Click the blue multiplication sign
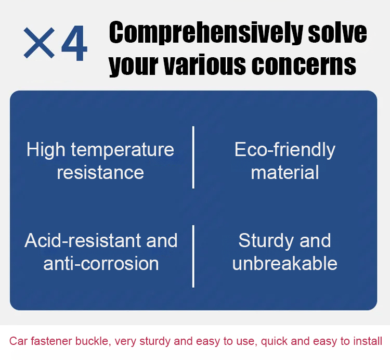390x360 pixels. [39, 43]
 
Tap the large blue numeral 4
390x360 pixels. [74, 43]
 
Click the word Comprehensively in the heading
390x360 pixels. [206, 33]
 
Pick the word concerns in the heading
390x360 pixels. [304, 65]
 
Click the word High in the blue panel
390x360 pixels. [46, 150]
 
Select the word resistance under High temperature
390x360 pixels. [100, 173]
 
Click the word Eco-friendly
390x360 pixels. [285, 150]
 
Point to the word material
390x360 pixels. [285, 172]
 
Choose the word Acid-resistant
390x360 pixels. [83, 240]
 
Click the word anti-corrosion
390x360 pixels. [101, 263]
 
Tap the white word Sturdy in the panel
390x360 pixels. [265, 241]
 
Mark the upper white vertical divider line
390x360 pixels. [193, 157]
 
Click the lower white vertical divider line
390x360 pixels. [193, 256]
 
